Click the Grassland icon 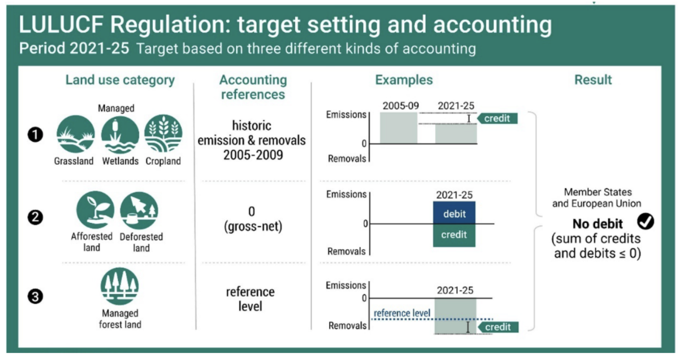coord(75,134)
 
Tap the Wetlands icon coord(120,135)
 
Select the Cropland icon coord(164,134)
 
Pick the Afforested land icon coord(95,210)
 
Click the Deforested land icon coord(139,211)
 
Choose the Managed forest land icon coord(120,286)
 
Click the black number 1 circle coord(35,135)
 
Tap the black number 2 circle coord(35,217)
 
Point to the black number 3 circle coord(35,296)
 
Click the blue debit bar coord(454,213)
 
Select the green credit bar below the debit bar coord(454,236)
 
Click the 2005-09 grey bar coord(399,127)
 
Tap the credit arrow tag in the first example coord(497,118)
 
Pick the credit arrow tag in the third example coord(498,327)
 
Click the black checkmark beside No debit coord(645,221)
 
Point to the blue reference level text coord(402,313)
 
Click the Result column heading coord(593,80)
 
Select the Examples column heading coord(404,80)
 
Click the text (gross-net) coord(253,226)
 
